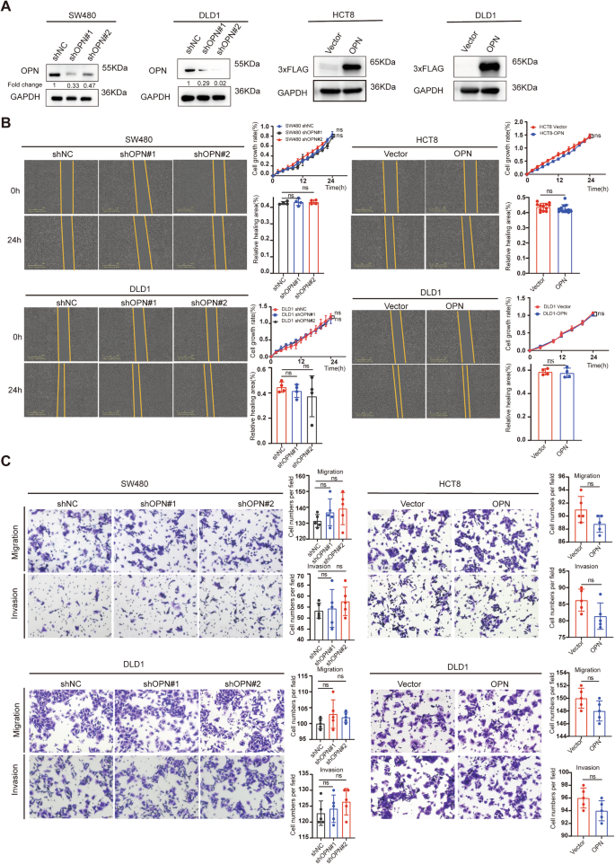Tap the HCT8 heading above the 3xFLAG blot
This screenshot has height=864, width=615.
point(356,21)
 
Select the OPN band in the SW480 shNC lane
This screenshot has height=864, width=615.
point(56,69)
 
